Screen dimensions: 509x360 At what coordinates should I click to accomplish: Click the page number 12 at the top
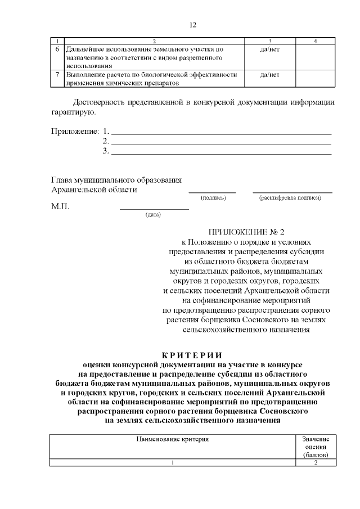click(192, 25)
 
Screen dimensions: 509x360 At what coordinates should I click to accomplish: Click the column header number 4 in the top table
click(316, 41)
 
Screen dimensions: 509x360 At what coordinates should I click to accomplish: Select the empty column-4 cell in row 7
click(316, 78)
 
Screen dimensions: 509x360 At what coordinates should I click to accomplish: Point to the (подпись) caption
click(213, 198)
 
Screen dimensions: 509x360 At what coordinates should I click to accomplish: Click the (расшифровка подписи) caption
click(290, 198)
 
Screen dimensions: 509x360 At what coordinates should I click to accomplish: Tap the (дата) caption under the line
click(153, 214)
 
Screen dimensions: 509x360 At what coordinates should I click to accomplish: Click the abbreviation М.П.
click(60, 206)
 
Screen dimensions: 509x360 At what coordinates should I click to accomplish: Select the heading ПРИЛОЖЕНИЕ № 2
click(247, 232)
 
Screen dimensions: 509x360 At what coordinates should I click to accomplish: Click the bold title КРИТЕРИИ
click(192, 355)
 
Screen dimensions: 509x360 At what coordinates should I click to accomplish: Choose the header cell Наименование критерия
click(173, 438)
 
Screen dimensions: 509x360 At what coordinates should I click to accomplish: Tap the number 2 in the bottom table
click(316, 462)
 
